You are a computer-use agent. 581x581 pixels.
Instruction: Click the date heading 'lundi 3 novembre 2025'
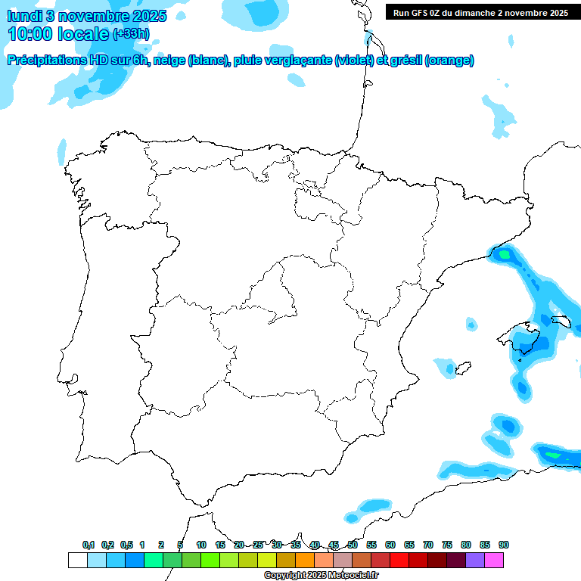click(x=86, y=16)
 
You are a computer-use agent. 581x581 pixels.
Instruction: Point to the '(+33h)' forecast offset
click(x=131, y=34)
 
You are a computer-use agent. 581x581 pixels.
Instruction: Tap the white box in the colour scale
click(x=77, y=560)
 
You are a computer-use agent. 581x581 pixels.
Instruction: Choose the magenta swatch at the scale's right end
click(x=494, y=560)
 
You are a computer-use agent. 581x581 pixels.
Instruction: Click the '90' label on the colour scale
click(x=504, y=545)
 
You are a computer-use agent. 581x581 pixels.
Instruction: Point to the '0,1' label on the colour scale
click(x=89, y=545)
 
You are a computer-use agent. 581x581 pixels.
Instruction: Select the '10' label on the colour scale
click(x=201, y=545)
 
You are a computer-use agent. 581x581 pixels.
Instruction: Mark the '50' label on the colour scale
click(x=353, y=545)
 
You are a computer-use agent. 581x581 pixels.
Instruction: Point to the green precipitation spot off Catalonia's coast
click(x=505, y=255)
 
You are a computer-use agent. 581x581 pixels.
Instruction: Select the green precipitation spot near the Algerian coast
click(x=553, y=455)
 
